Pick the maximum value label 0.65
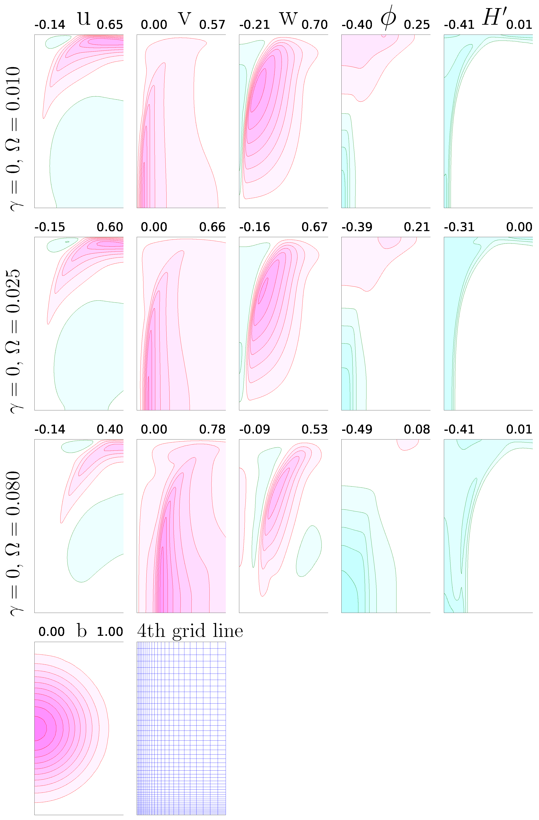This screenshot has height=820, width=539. [110, 25]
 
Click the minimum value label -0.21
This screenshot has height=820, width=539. [254, 25]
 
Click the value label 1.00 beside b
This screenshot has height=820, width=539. [110, 632]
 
